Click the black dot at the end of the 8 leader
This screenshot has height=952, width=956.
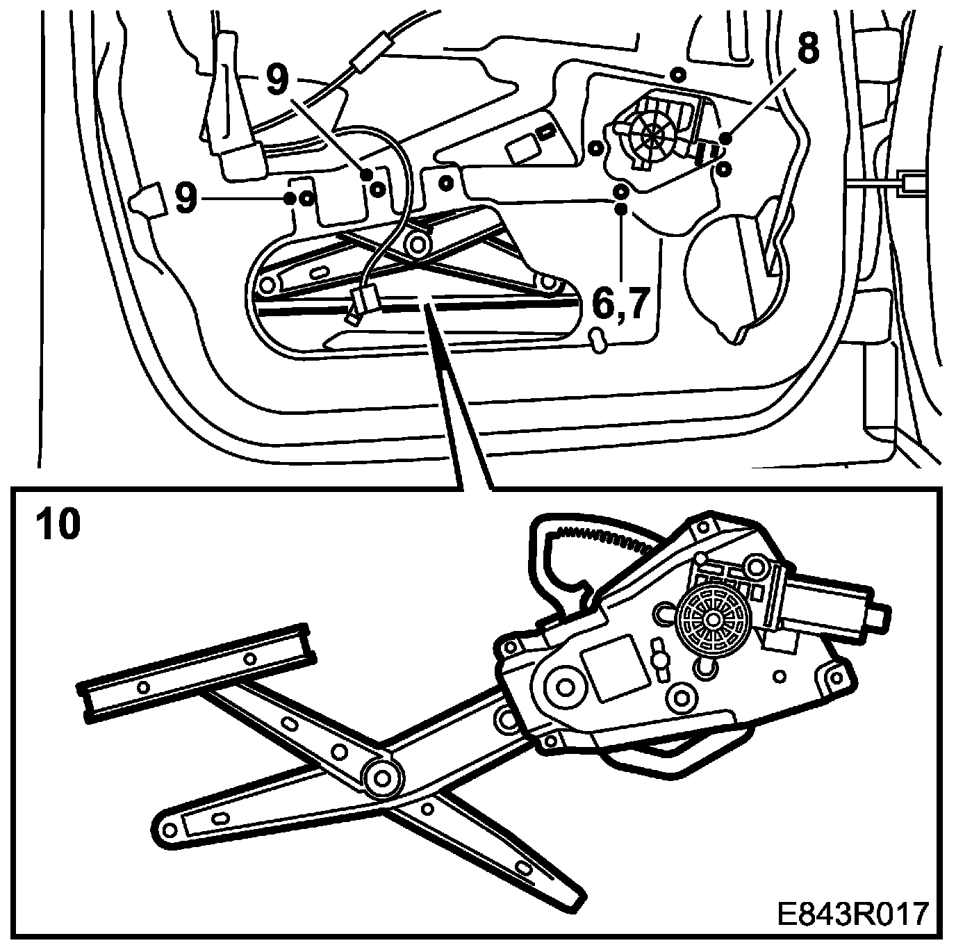(x=725, y=139)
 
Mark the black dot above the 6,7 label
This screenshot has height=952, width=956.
(x=622, y=208)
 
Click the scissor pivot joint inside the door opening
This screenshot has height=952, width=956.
(x=418, y=244)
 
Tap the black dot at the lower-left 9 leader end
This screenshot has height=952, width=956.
(x=289, y=199)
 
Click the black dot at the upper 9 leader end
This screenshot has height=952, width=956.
(x=365, y=176)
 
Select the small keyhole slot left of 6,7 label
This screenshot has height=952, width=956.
(x=597, y=340)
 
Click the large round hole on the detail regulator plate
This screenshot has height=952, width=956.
(x=564, y=686)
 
